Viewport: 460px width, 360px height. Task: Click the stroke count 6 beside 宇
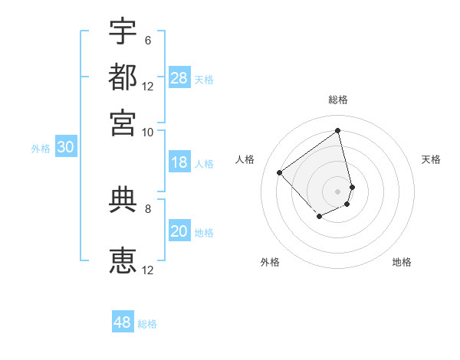147,40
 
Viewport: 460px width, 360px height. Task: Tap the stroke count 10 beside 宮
148,131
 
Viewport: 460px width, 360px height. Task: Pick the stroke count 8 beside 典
147,208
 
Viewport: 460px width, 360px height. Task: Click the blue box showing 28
179,77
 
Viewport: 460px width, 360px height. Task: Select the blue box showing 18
179,162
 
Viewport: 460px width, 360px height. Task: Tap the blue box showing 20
179,231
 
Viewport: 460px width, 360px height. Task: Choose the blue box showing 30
65,147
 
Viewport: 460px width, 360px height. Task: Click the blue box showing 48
123,322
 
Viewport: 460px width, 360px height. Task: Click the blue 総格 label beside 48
147,324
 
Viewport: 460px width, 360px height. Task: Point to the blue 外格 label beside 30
41,149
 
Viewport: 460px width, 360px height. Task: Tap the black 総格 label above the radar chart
338,100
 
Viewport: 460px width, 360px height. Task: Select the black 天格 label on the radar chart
432,159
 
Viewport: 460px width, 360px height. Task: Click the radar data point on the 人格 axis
280,173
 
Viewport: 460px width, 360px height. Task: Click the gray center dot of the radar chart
338,190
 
